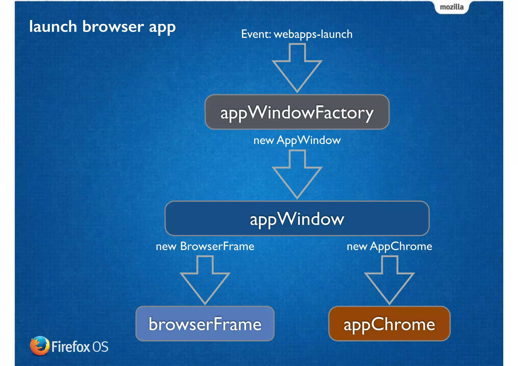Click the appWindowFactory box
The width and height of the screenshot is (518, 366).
tap(297, 112)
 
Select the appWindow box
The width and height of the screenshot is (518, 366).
tap(297, 219)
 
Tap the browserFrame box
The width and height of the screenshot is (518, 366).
tap(205, 324)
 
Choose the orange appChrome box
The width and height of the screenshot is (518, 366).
tap(389, 324)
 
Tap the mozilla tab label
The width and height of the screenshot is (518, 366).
tap(452, 7)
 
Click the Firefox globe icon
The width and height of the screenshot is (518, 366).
tap(39, 346)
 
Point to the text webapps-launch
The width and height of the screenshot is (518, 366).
tap(313, 34)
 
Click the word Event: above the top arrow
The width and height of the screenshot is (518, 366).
tap(256, 34)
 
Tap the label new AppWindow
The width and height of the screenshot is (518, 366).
tap(297, 140)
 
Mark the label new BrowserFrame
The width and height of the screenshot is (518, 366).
tap(205, 246)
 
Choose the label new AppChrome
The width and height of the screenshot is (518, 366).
tap(389, 246)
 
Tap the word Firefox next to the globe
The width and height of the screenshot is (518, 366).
tap(71, 347)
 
